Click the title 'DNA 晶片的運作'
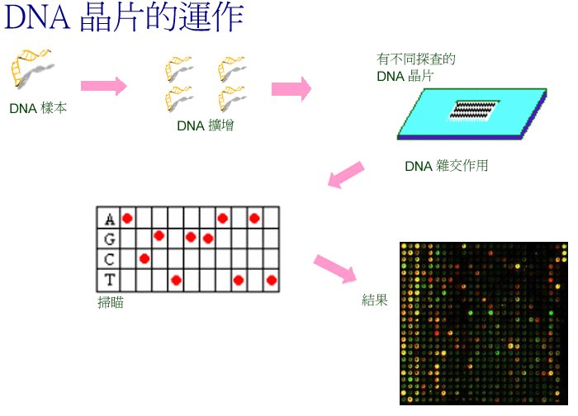click(x=124, y=17)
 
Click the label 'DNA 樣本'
click(x=38, y=108)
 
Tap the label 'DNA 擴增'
click(x=206, y=125)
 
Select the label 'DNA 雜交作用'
click(x=447, y=166)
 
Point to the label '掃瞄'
click(x=110, y=303)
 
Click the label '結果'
click(x=375, y=300)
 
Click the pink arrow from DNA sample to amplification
click(x=104, y=86)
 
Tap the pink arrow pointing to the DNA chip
click(x=291, y=89)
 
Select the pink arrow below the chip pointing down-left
click(x=346, y=175)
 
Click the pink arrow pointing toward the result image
click(x=335, y=268)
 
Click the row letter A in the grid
click(x=110, y=220)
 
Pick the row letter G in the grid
click(x=110, y=239)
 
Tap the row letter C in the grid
click(x=109, y=259)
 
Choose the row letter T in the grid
click(x=110, y=280)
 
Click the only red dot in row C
click(x=144, y=258)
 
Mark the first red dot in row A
click(x=127, y=219)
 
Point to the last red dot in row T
click(x=272, y=281)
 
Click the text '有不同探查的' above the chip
click(x=416, y=59)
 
